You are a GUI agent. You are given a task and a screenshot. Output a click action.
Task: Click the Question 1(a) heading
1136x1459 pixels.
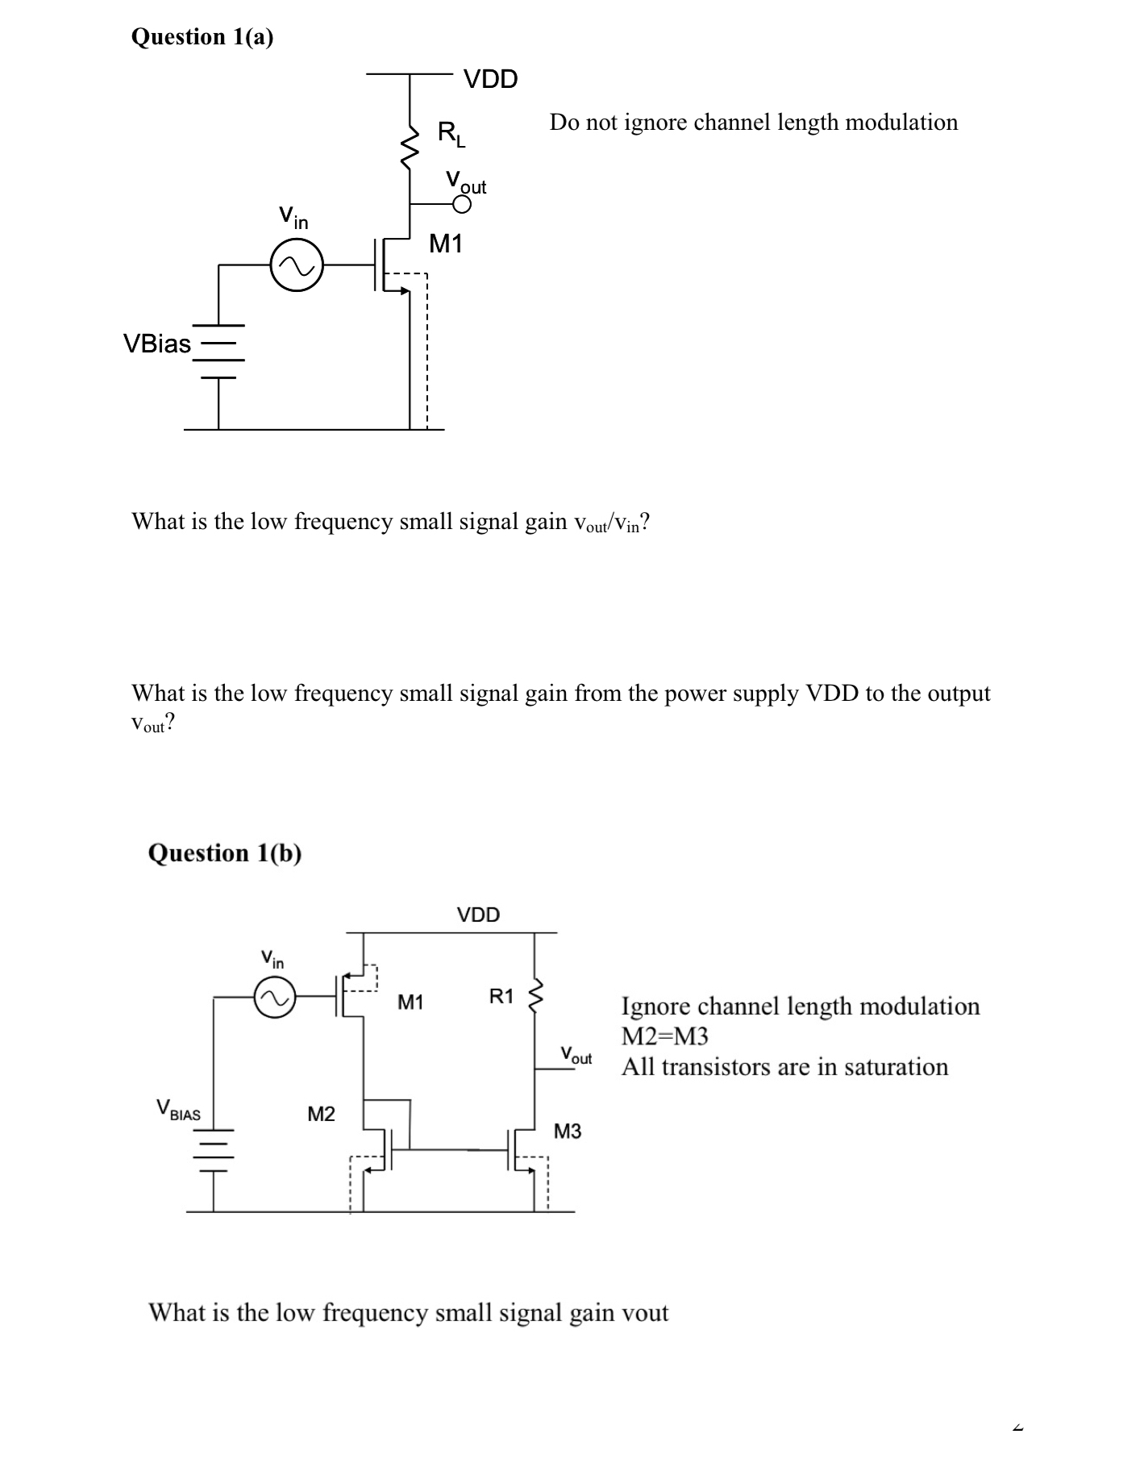click(x=202, y=37)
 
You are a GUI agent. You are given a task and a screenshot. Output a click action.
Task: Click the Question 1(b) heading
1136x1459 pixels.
click(x=225, y=852)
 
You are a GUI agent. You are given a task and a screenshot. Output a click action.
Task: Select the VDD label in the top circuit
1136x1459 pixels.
click(x=491, y=79)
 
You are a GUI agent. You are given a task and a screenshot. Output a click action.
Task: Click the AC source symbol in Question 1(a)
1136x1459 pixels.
click(x=297, y=264)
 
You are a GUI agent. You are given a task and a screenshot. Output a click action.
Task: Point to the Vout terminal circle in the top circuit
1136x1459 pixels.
click(x=461, y=205)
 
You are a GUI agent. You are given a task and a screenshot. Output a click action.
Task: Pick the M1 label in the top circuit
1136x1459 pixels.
click(x=446, y=243)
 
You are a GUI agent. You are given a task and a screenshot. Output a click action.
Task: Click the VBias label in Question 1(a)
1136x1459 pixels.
click(x=156, y=344)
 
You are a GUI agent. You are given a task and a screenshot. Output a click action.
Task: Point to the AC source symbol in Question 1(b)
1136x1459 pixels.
click(x=274, y=998)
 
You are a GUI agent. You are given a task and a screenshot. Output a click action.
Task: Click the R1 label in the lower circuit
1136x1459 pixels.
click(x=501, y=996)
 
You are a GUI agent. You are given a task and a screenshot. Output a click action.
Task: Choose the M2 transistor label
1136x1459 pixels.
click(x=321, y=1114)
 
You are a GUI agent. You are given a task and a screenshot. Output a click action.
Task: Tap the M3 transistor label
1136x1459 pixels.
click(x=568, y=1132)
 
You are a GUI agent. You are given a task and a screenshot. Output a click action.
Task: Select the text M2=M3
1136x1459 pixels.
click(x=664, y=1036)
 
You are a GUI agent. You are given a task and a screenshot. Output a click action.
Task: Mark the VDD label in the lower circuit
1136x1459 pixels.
click(x=478, y=915)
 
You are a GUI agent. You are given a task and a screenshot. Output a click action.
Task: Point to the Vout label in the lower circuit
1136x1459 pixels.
click(x=576, y=1055)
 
